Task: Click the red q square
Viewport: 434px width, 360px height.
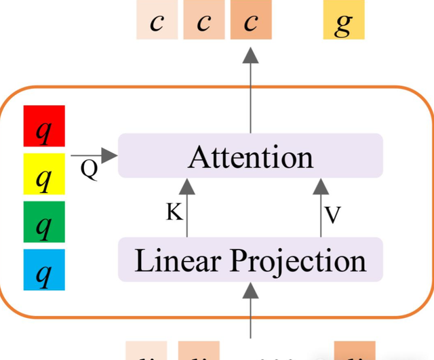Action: [44, 125]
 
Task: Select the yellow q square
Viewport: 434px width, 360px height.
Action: [44, 174]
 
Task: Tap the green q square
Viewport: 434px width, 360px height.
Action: [44, 222]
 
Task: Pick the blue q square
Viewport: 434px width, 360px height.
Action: [44, 270]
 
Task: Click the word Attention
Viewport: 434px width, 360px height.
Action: [250, 157]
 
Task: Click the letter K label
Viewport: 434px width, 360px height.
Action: [174, 212]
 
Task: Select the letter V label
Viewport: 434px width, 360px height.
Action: [332, 215]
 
